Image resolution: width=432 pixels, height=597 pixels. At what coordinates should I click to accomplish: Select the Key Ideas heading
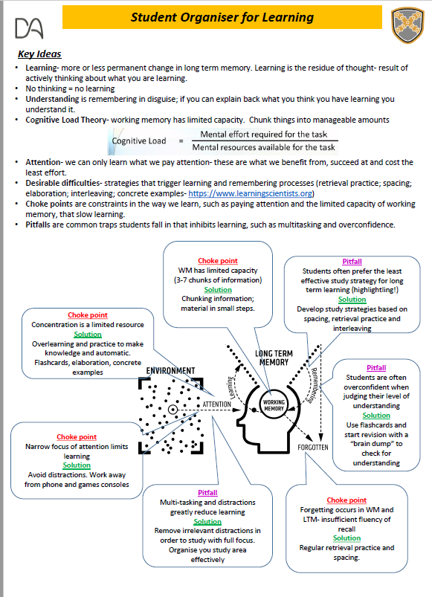[39, 54]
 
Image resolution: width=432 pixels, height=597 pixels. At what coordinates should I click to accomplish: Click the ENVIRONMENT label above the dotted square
[170, 370]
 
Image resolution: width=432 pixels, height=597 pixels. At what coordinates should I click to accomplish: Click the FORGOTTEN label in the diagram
[313, 448]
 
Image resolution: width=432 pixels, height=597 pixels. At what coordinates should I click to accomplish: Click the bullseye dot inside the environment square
[173, 409]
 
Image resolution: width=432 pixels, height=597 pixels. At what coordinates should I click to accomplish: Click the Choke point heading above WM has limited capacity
[218, 260]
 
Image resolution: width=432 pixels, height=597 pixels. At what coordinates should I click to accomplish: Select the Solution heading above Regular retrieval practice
[346, 538]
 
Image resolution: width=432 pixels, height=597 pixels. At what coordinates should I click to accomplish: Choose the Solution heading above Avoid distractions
[77, 465]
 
